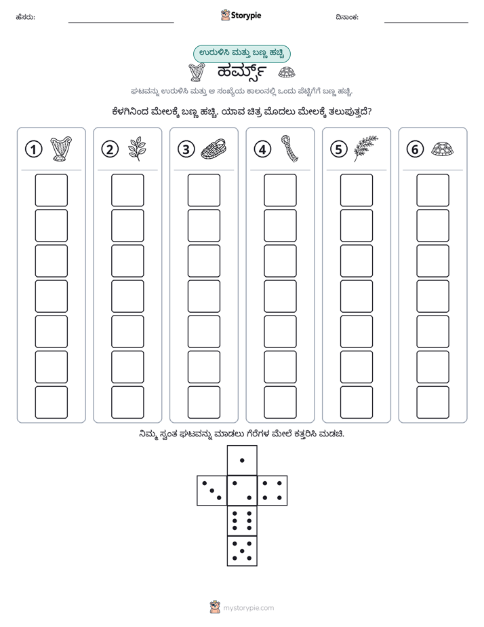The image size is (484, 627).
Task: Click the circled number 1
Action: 33,149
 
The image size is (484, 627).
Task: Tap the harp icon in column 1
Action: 61,149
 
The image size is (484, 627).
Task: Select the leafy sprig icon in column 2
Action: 137,149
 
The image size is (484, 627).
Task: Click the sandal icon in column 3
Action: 214,149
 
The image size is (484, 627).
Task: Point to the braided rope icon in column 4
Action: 290,149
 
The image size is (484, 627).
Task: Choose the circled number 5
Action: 339,149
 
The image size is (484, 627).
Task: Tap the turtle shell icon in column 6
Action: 443,149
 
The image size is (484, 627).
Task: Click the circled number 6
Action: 415,149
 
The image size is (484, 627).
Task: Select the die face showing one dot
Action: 242,460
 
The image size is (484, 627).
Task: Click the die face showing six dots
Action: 242,520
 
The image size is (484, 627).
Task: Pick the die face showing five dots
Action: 242,550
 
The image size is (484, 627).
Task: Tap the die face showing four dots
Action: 272,490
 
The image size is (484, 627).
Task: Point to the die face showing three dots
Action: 212,490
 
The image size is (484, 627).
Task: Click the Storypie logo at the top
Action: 241,15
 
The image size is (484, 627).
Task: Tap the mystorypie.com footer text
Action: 248,608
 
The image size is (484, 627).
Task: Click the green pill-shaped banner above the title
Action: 241,54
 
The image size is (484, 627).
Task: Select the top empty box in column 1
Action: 51,190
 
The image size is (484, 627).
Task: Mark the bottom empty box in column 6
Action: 433,402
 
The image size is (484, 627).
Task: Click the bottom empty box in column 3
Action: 203,402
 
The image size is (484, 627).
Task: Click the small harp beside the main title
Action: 197,72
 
